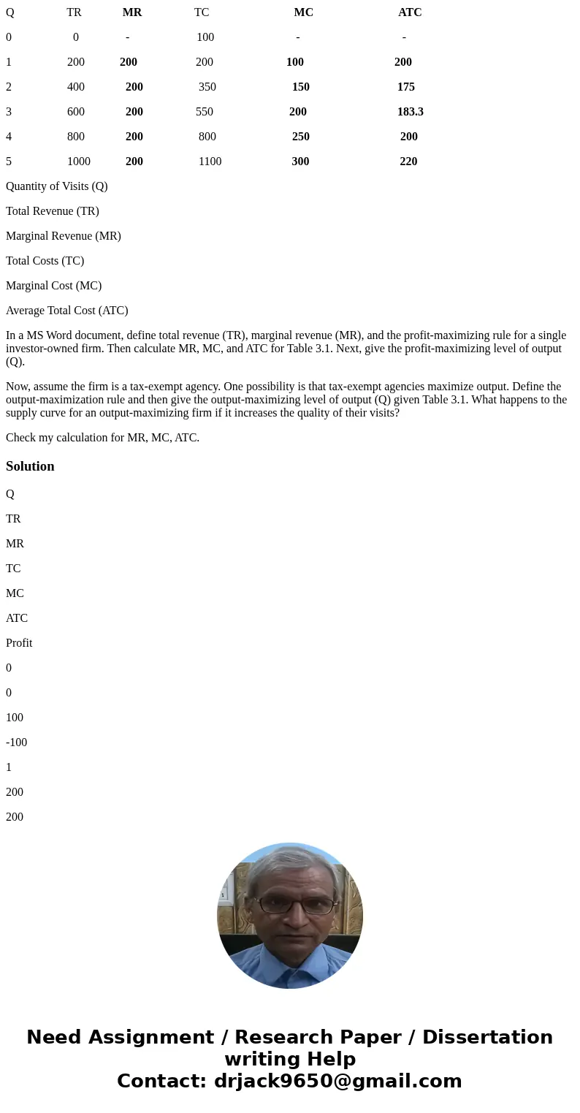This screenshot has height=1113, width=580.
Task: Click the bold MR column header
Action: pos(132,12)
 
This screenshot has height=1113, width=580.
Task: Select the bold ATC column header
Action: pos(410,12)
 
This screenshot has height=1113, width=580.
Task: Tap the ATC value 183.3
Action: pos(410,112)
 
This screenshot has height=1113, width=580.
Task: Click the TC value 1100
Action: pos(210,162)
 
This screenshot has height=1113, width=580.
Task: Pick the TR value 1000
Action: pos(79,162)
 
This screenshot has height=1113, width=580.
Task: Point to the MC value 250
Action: pos(300,137)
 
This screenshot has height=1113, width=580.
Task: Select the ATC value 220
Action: pos(408,162)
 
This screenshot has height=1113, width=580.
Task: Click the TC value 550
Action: pos(205,112)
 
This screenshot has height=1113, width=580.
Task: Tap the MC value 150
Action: pos(300,87)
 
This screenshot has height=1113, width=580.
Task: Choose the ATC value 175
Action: pos(406,87)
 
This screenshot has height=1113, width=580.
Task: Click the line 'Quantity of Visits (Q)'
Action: pos(57,186)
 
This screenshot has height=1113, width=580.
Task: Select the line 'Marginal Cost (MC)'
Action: pos(53,286)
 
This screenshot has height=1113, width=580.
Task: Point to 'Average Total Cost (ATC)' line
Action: pos(67,311)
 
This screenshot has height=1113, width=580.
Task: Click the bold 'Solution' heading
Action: pos(30,466)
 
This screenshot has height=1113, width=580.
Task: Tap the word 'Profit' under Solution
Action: pos(19,643)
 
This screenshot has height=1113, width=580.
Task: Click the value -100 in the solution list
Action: pos(16,742)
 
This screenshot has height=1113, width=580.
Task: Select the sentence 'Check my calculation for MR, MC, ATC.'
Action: pos(102,438)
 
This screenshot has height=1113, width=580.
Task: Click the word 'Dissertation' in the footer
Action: pos(487,1037)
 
